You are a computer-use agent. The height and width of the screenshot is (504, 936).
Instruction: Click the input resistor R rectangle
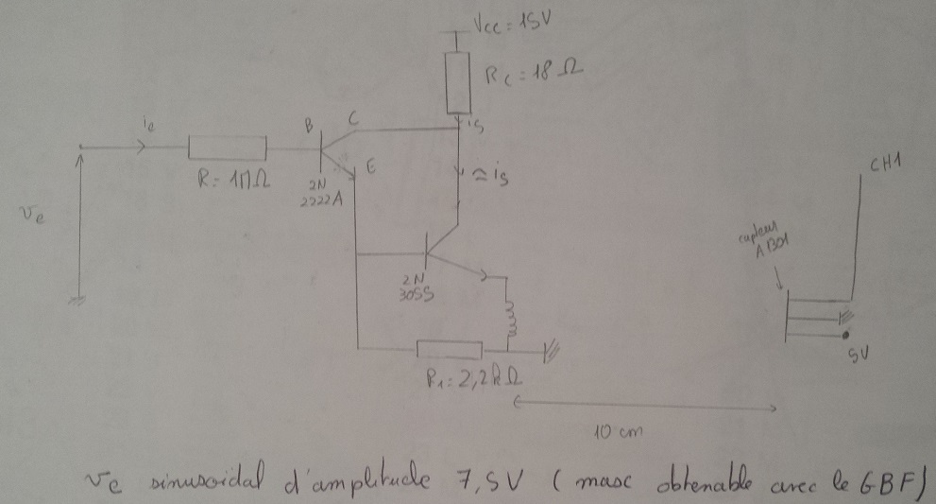tap(228, 148)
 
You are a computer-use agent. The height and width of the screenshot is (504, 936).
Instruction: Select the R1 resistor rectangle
tap(449, 350)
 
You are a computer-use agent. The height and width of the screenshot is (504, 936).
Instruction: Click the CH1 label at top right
tap(885, 166)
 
